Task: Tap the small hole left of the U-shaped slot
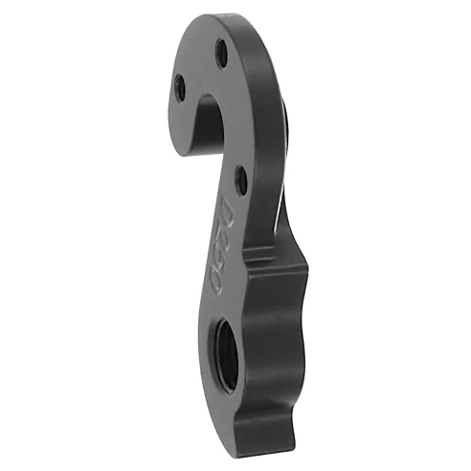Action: point(179,88)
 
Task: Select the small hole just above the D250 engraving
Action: point(238,174)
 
